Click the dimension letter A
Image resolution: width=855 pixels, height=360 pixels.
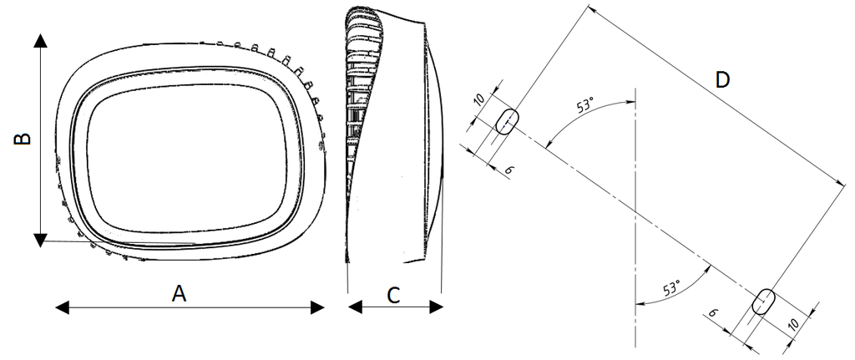coord(179,295)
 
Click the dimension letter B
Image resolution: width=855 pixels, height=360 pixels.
coord(23,139)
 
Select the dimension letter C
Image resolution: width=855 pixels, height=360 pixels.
coord(393,296)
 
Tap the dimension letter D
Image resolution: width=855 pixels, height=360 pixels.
coord(722,80)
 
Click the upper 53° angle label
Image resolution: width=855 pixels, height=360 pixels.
coord(585,104)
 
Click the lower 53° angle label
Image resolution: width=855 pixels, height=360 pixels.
coord(672,287)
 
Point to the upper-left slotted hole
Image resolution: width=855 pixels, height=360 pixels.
coord(507,121)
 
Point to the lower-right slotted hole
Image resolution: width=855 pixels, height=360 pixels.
coord(763,302)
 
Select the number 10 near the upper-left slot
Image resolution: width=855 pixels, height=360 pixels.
coord(478,100)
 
